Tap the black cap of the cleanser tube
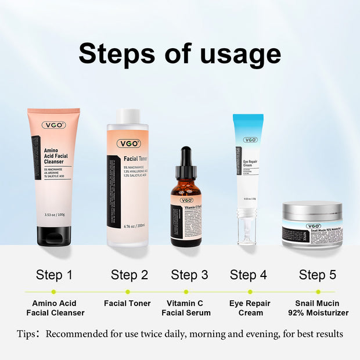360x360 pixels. (53, 236)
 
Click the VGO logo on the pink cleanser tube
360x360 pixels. (53, 125)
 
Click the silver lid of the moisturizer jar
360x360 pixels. (312, 210)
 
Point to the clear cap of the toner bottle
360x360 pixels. (127, 117)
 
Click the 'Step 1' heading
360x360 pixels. (54, 275)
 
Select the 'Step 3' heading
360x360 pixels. (189, 275)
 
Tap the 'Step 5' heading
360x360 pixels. (318, 275)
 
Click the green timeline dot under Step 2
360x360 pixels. (127, 291)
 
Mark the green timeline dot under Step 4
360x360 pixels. (250, 291)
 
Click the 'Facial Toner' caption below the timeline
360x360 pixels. (127, 303)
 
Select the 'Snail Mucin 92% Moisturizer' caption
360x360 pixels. (318, 308)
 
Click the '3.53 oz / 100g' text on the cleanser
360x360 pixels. (55, 215)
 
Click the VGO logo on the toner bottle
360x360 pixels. (128, 143)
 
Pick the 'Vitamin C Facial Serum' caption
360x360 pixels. (186, 308)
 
